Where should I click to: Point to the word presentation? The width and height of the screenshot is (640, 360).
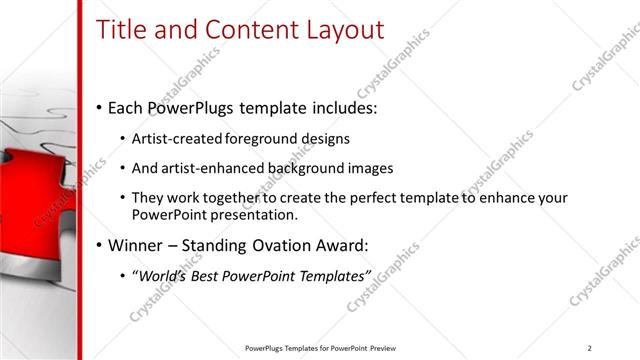coord(251,214)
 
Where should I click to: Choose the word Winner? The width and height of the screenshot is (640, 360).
coord(139,245)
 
